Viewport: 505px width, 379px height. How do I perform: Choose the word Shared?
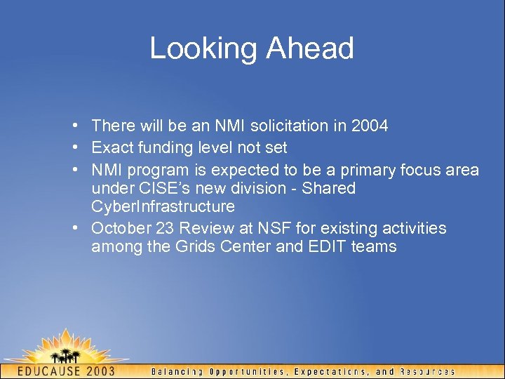pyautogui.click(x=328, y=189)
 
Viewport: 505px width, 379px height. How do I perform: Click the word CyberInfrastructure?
pyautogui.click(x=163, y=207)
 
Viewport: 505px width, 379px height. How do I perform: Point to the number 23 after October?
pyautogui.click(x=163, y=229)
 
